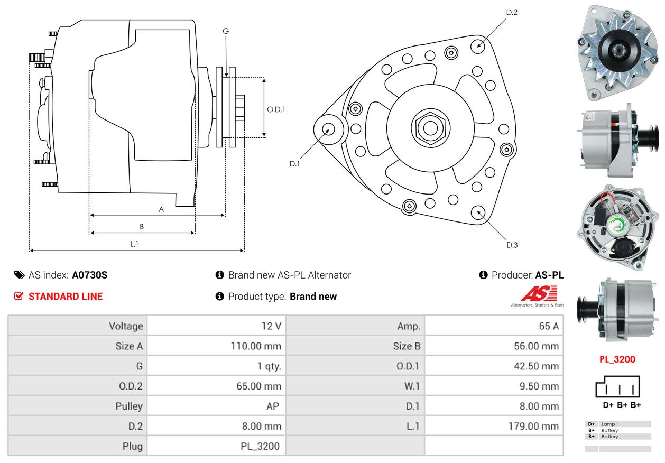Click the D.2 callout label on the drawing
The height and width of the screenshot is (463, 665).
(x=512, y=13)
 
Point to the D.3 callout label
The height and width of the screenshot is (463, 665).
(x=512, y=245)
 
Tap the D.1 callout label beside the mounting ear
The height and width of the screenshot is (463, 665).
(x=294, y=164)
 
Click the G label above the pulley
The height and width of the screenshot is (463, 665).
(x=226, y=31)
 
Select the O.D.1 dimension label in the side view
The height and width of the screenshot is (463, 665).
(x=276, y=109)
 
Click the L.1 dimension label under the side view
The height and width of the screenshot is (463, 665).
(x=134, y=244)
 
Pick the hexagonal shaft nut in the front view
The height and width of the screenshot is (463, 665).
(x=430, y=128)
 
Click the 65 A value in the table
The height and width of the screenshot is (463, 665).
(x=549, y=326)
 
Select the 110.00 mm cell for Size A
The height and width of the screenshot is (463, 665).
(x=256, y=346)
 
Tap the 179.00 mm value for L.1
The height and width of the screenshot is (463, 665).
(x=533, y=426)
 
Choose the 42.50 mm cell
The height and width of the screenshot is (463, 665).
(x=536, y=366)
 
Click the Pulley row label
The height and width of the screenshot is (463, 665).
(x=129, y=406)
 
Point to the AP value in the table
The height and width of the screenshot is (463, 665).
(x=273, y=406)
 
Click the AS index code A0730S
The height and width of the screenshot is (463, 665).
(x=90, y=275)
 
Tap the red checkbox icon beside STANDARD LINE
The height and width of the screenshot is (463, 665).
(x=19, y=296)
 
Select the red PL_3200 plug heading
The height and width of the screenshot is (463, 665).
(x=617, y=359)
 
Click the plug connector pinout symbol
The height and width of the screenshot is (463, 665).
(x=617, y=386)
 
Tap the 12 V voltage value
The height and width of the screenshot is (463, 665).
(x=271, y=326)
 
